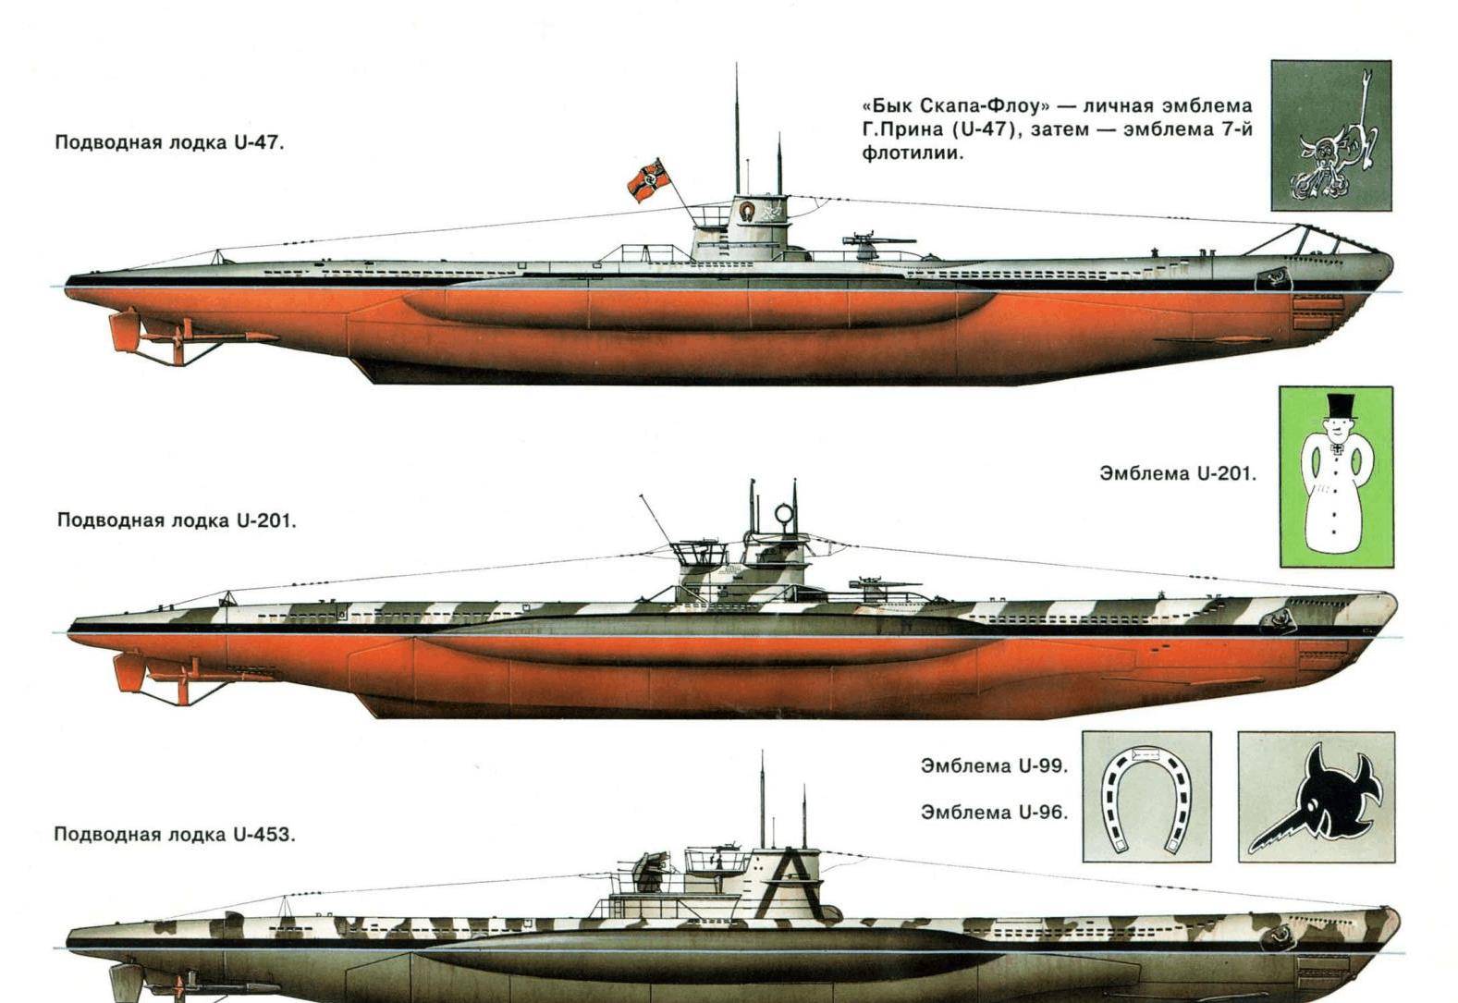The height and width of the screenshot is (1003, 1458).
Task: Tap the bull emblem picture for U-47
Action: point(1330,135)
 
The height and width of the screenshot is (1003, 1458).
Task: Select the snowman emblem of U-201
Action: point(1335,476)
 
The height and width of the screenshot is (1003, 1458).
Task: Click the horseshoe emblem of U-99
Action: point(1146,796)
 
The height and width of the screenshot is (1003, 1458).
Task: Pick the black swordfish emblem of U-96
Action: point(1316,797)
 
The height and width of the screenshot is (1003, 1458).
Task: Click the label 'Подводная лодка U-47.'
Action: point(169,143)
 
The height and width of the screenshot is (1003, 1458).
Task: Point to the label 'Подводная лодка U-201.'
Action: point(177,520)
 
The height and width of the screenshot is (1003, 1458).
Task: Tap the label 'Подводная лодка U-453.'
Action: point(175,834)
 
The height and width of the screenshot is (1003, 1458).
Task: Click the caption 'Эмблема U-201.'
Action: point(1178,473)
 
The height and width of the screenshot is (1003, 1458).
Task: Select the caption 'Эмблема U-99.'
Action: point(994,765)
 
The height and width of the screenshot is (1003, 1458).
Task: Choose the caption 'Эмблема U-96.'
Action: point(994,812)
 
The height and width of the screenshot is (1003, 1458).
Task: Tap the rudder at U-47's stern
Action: point(123,332)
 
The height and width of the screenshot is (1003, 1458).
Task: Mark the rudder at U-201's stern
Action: point(127,671)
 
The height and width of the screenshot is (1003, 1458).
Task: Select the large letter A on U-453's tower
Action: point(788,874)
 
